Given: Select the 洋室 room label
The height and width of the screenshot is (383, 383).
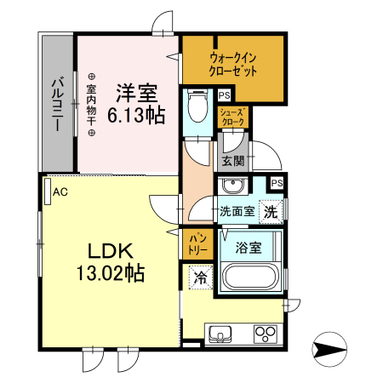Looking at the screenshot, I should tap(136, 91).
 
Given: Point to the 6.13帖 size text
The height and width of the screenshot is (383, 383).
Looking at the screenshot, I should tap(136, 112).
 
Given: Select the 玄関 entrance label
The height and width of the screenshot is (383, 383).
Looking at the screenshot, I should tap(233, 159).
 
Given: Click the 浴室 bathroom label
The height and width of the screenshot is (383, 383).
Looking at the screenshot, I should tap(249, 248).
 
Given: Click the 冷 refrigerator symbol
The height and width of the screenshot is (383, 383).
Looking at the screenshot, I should tap(200, 277).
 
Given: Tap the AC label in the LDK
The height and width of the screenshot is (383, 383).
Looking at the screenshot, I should tap(60, 192).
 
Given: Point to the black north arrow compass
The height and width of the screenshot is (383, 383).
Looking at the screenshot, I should tap(331, 348).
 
